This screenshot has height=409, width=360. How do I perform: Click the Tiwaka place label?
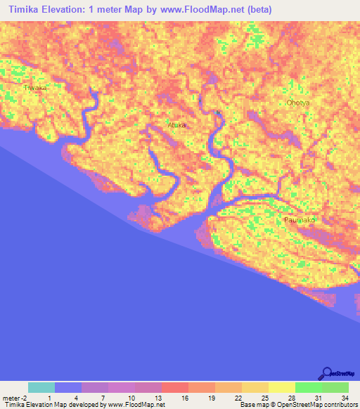(x=35, y=88)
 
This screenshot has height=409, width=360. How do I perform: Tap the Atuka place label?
(x=177, y=125)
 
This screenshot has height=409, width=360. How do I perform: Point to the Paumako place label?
(x=300, y=220)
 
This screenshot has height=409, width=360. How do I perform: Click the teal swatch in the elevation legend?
(x=41, y=387)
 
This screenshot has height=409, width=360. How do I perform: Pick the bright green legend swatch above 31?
(x=308, y=387)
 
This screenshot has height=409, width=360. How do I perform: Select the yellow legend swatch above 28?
(x=281, y=387)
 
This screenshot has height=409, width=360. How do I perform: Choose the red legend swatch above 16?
(x=175, y=387)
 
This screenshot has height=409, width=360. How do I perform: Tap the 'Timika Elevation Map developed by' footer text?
(x=53, y=405)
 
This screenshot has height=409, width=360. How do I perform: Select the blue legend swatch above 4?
(x=68, y=387)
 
